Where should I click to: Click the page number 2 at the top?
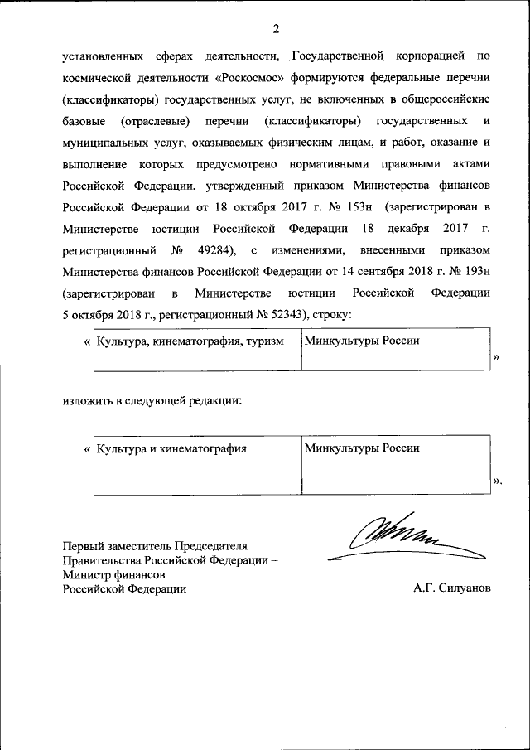click(x=277, y=30)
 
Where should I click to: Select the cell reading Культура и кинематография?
click(x=172, y=448)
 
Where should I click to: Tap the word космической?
click(x=99, y=77)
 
